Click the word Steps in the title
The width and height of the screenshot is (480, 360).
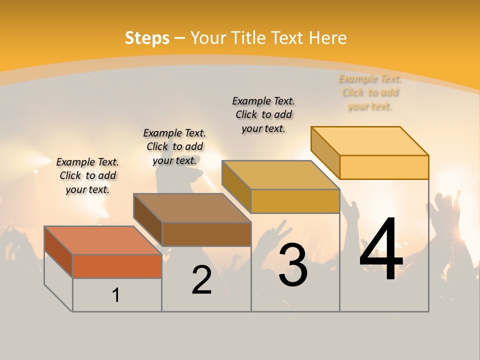tap(147, 38)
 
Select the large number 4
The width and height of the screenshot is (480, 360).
tap(381, 250)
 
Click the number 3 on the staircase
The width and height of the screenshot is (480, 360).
tap(293, 265)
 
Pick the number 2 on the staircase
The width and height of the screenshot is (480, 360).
tap(201, 280)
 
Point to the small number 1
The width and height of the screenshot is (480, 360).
tap(116, 295)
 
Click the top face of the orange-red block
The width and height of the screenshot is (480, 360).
tap(103, 240)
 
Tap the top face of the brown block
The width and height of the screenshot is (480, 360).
tap(192, 207)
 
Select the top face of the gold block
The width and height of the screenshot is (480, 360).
tap(280, 175)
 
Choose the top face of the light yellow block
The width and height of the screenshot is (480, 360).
tap(369, 141)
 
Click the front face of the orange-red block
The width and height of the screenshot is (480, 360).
tap(117, 266)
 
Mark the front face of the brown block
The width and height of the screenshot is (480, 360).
tap(206, 234)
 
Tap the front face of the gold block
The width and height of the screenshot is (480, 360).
tap(295, 201)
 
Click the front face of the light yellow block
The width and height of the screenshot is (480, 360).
tap(384, 167)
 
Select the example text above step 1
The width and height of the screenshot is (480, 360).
tap(87, 175)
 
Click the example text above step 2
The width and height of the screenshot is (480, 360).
tap(174, 146)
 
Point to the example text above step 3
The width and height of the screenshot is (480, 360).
tap(263, 114)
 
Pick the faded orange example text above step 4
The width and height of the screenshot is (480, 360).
tap(370, 92)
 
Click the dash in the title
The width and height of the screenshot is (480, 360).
tap(179, 38)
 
